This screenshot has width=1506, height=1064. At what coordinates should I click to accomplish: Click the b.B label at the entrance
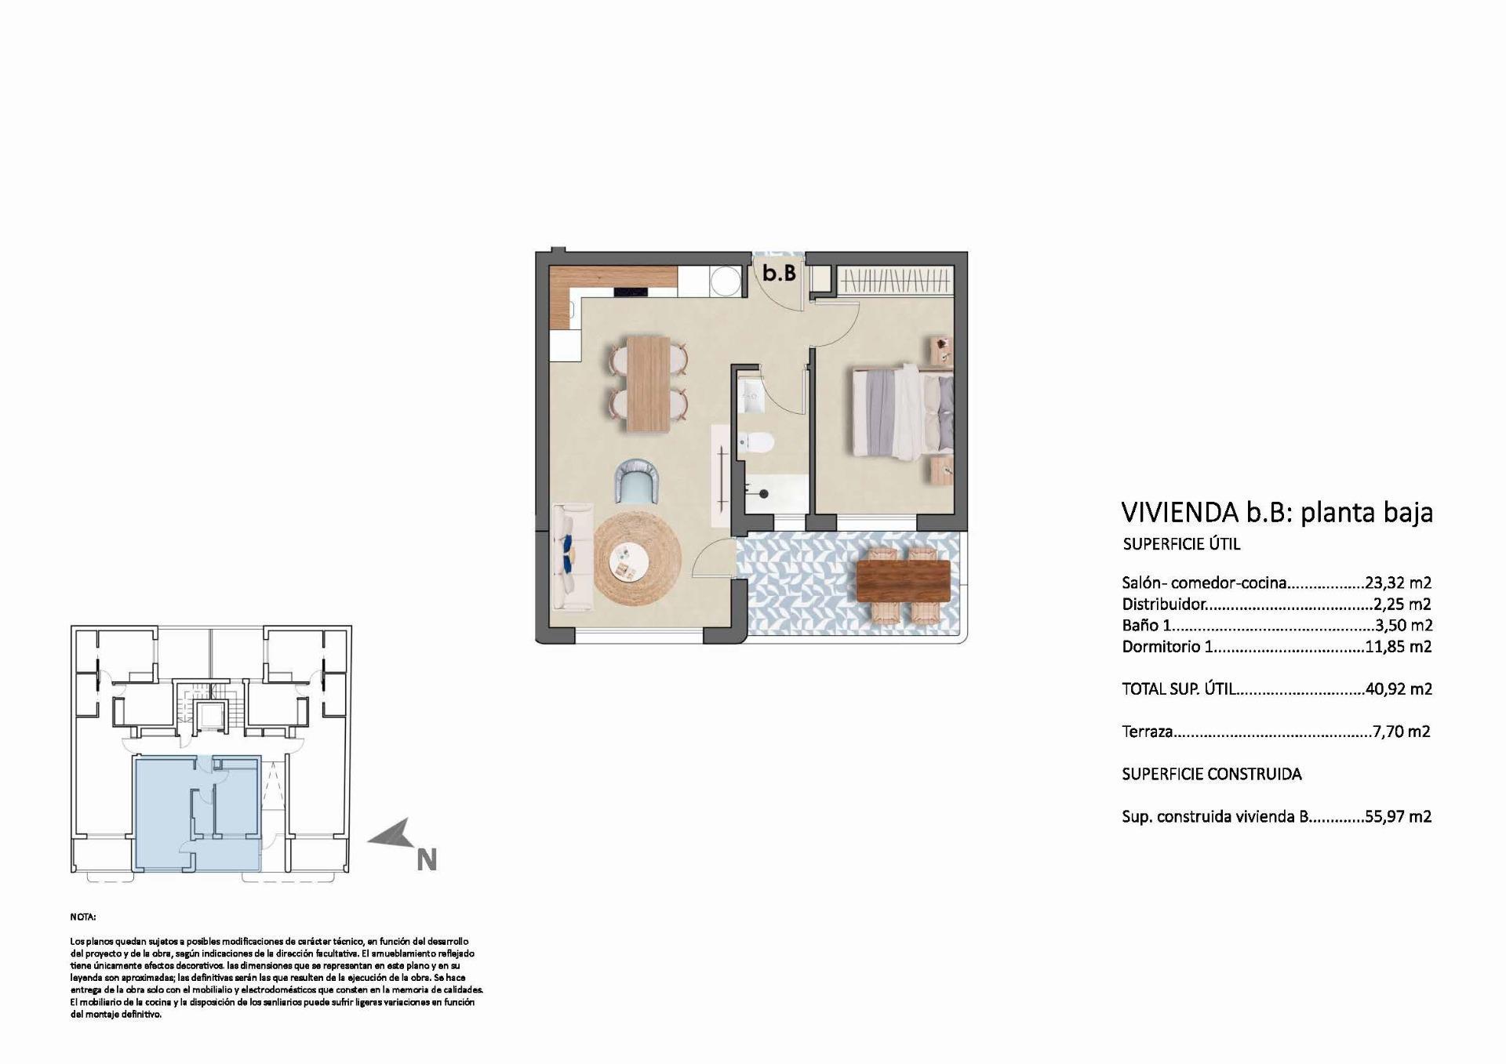click(780, 273)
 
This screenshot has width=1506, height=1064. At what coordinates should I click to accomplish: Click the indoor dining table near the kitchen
click(649, 383)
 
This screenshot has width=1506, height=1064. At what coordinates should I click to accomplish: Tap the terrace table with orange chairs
click(903, 580)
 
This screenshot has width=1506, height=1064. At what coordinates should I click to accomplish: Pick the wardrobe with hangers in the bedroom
click(894, 280)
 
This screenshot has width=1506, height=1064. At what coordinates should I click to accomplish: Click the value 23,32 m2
click(1399, 583)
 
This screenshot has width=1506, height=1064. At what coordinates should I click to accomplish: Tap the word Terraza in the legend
click(1147, 732)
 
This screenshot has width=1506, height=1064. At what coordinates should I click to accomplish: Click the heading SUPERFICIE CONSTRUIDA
click(1211, 775)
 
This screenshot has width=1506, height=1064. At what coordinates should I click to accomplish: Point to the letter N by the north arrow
click(426, 860)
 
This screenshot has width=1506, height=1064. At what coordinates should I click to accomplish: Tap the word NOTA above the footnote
click(82, 917)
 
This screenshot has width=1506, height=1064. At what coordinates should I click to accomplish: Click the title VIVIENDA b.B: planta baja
click(1277, 513)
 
